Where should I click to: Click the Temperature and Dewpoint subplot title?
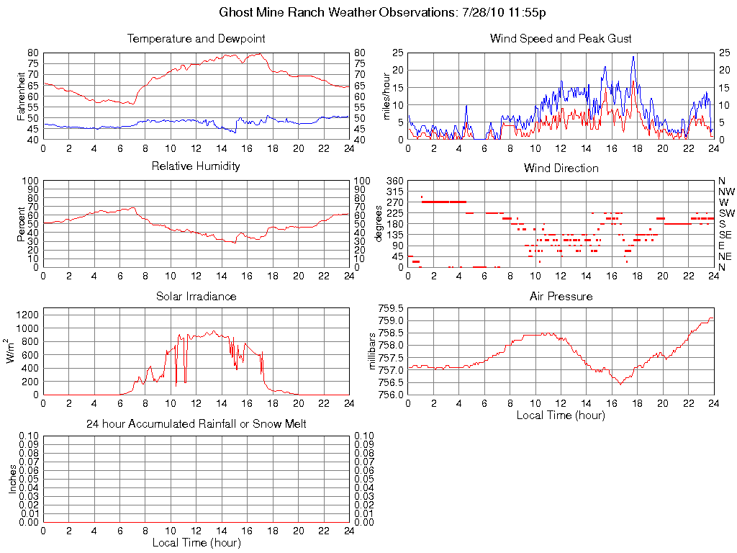tap(196, 38)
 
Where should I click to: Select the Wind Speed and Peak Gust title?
tap(561, 38)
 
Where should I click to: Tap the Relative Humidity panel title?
tap(196, 166)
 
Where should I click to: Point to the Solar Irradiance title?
tap(196, 296)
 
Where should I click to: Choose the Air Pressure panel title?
tap(561, 296)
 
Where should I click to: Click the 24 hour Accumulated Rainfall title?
tap(196, 424)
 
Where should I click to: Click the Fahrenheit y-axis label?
tap(22, 96)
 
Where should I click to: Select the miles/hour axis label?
tap(386, 96)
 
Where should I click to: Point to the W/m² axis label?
tap(12, 351)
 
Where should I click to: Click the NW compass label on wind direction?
tap(725, 192)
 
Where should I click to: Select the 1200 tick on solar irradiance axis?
tap(27, 315)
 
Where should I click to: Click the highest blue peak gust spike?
tap(633, 57)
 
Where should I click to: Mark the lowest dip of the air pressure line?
tap(620, 385)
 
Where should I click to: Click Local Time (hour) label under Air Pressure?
tap(561, 415)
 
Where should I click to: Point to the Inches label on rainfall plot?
tap(13, 479)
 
